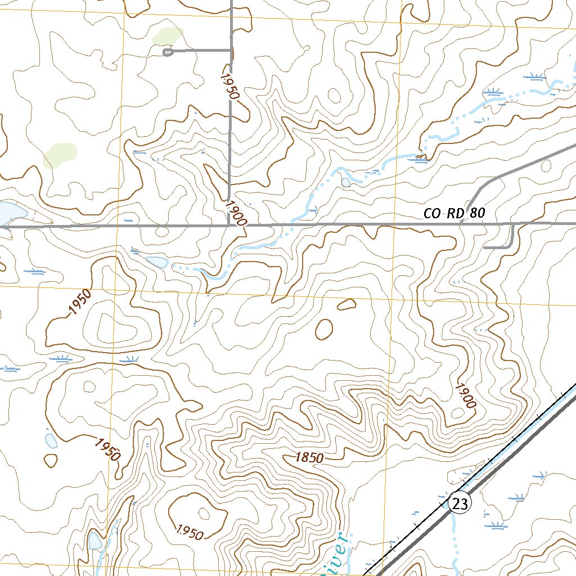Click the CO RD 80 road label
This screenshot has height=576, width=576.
(454, 214)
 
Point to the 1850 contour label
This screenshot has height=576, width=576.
(309, 458)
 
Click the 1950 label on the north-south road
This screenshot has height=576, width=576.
(229, 86)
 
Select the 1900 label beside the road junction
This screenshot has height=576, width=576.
(235, 213)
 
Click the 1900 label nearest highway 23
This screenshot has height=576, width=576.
(465, 396)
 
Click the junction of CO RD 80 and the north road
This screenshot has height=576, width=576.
(229, 226)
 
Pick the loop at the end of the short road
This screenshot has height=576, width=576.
(166, 52)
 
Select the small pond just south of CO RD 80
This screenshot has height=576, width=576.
(156, 262)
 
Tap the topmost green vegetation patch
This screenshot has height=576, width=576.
(167, 36)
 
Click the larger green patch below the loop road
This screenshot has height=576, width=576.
(58, 155)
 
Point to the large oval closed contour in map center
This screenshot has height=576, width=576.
(324, 329)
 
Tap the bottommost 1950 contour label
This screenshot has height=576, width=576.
(189, 532)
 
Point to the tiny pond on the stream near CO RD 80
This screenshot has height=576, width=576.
(346, 182)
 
